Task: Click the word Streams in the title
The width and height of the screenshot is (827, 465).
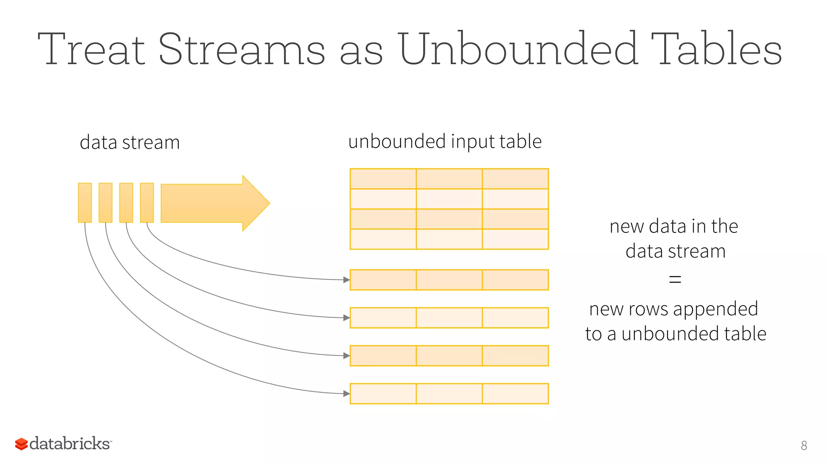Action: pos(241,49)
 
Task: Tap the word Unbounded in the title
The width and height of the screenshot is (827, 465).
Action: pos(518,49)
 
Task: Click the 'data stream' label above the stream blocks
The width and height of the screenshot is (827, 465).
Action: pos(130,142)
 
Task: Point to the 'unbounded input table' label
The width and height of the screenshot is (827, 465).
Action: pos(445,142)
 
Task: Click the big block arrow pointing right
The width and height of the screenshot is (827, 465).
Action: pos(214,203)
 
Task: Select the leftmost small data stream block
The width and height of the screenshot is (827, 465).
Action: pos(85,203)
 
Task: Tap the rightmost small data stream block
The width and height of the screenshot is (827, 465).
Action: pos(147,203)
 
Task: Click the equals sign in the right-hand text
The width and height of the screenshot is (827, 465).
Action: pos(675,279)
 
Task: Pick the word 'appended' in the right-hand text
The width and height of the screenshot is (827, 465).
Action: pos(716,309)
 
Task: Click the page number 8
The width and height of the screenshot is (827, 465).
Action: pos(804,445)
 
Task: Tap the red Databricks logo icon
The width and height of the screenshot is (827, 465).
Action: pos(21,444)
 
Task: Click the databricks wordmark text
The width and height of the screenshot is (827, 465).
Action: pos(70,443)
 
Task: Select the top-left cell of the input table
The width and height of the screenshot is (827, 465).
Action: pos(383,179)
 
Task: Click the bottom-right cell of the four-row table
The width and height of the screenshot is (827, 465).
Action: pos(515,239)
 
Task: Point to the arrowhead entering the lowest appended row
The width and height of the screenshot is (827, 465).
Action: pos(346,394)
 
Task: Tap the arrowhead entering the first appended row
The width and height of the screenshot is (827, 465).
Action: pos(346,280)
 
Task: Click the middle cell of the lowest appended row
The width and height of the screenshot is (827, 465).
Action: pos(449,394)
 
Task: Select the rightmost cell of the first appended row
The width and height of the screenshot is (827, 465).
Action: pos(515,280)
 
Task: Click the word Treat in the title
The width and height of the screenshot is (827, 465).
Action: pos(91,49)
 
